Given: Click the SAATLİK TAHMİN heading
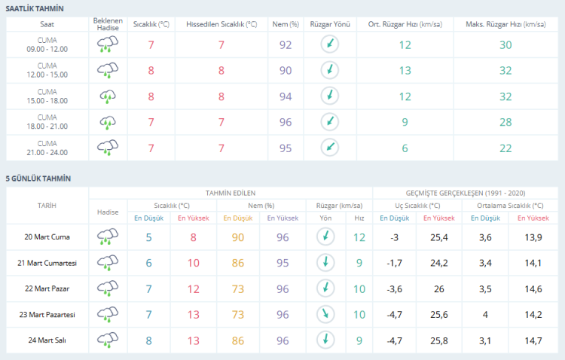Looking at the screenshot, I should click(35, 8).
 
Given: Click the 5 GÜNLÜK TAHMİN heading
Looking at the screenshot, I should click(38, 178).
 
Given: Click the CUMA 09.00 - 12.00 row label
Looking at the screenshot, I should click(47, 45).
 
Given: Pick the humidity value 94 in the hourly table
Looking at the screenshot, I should click(286, 96).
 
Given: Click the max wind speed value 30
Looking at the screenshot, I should click(505, 45).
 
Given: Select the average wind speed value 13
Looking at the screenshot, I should click(405, 71).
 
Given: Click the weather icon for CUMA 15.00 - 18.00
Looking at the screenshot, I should click(108, 96).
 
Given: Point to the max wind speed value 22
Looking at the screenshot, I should click(505, 147).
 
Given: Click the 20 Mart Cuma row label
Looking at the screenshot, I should click(47, 237).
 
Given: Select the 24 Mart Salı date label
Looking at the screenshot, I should click(47, 340).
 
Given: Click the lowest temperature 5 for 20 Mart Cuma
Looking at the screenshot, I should click(148, 237).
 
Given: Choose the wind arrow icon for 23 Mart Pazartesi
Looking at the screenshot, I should click(326, 314).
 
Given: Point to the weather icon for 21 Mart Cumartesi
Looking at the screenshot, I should click(108, 263).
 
